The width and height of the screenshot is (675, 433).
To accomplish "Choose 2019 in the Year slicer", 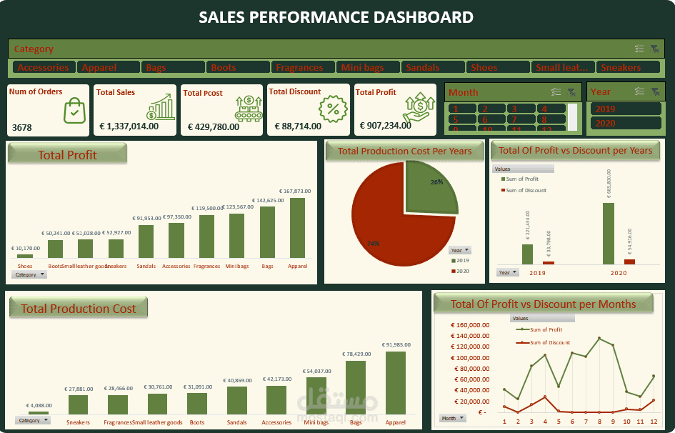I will [x=625, y=109].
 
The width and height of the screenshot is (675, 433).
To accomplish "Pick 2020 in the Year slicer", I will [x=625, y=124].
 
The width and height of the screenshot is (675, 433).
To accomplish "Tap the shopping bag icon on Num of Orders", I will [x=74, y=111].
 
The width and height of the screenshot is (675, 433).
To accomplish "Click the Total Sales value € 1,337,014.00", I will [x=129, y=126].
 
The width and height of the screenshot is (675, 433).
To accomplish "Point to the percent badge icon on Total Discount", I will [x=332, y=109].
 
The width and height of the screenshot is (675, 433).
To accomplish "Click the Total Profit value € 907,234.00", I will [x=386, y=126].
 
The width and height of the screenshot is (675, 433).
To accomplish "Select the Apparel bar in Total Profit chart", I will [x=297, y=228].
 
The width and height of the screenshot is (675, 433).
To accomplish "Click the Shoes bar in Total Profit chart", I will [x=25, y=256].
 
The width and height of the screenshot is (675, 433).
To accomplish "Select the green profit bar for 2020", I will [x=609, y=234].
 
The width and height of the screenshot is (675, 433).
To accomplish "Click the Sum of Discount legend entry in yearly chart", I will [x=526, y=190].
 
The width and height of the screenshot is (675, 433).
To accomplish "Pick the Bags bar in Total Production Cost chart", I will [x=355, y=387].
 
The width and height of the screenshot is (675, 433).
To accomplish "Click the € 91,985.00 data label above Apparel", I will [x=395, y=344].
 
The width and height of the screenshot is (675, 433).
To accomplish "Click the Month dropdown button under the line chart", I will [x=452, y=418].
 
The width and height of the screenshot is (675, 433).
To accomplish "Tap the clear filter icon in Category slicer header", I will [x=655, y=49].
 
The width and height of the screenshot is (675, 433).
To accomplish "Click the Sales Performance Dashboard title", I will [x=336, y=17].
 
